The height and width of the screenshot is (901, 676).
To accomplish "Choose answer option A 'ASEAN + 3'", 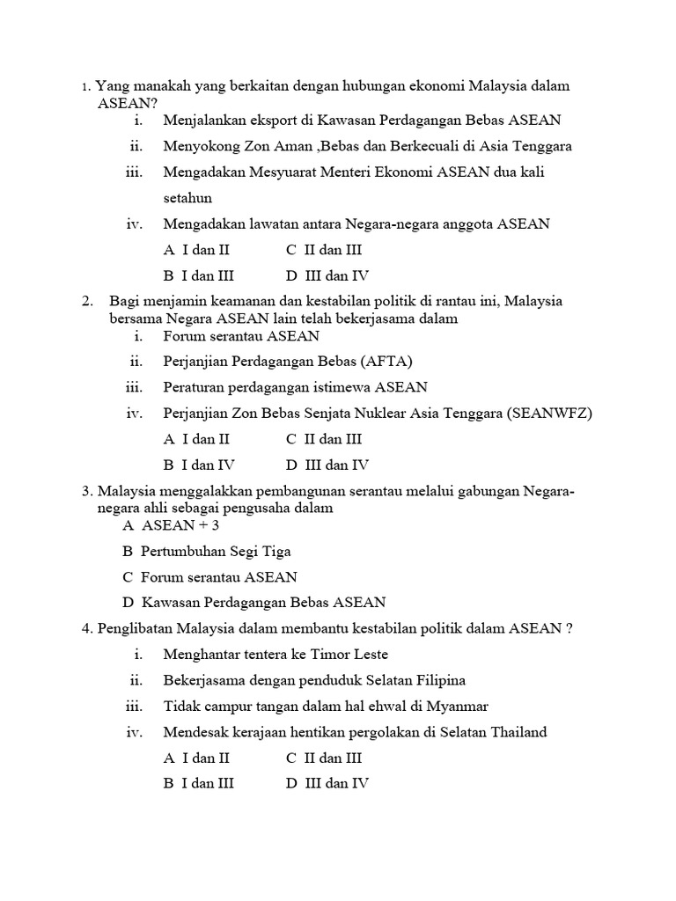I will coord(171,525).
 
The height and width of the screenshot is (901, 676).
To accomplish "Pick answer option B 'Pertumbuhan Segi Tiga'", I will coord(206,552).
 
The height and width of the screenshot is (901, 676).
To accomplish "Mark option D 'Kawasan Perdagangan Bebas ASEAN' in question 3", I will coord(253,603).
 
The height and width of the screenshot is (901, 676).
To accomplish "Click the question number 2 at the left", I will coord(87,301).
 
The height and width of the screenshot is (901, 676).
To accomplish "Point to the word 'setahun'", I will coord(187,199).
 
